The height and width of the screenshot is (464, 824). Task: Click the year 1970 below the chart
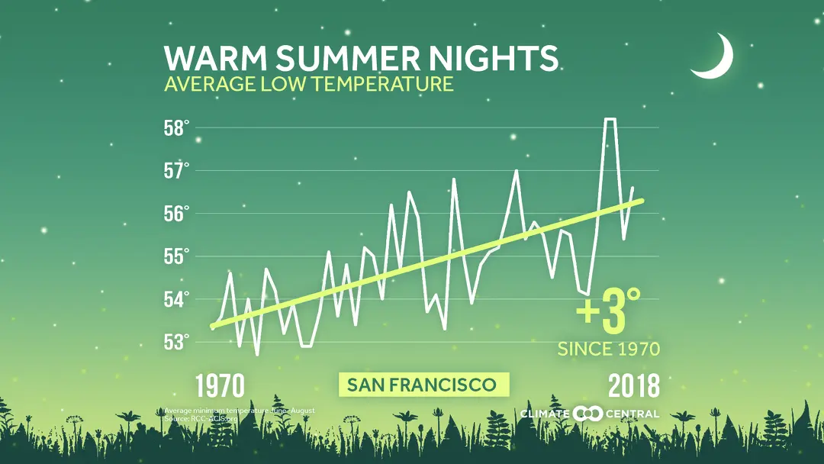tap(220, 386)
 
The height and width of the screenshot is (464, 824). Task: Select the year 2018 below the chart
tap(633, 386)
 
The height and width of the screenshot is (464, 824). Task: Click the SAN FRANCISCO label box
tap(421, 385)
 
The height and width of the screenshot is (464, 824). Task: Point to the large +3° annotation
tap(608, 314)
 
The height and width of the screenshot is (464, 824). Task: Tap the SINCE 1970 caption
tap(608, 350)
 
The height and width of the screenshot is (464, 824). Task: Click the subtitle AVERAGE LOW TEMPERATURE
tap(309, 83)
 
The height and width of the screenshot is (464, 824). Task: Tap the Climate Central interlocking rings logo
tap(587, 414)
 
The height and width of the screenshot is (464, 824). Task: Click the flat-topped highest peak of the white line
tap(610, 119)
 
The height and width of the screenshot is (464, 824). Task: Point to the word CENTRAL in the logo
tap(632, 414)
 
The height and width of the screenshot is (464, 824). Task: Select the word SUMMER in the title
tap(347, 59)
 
